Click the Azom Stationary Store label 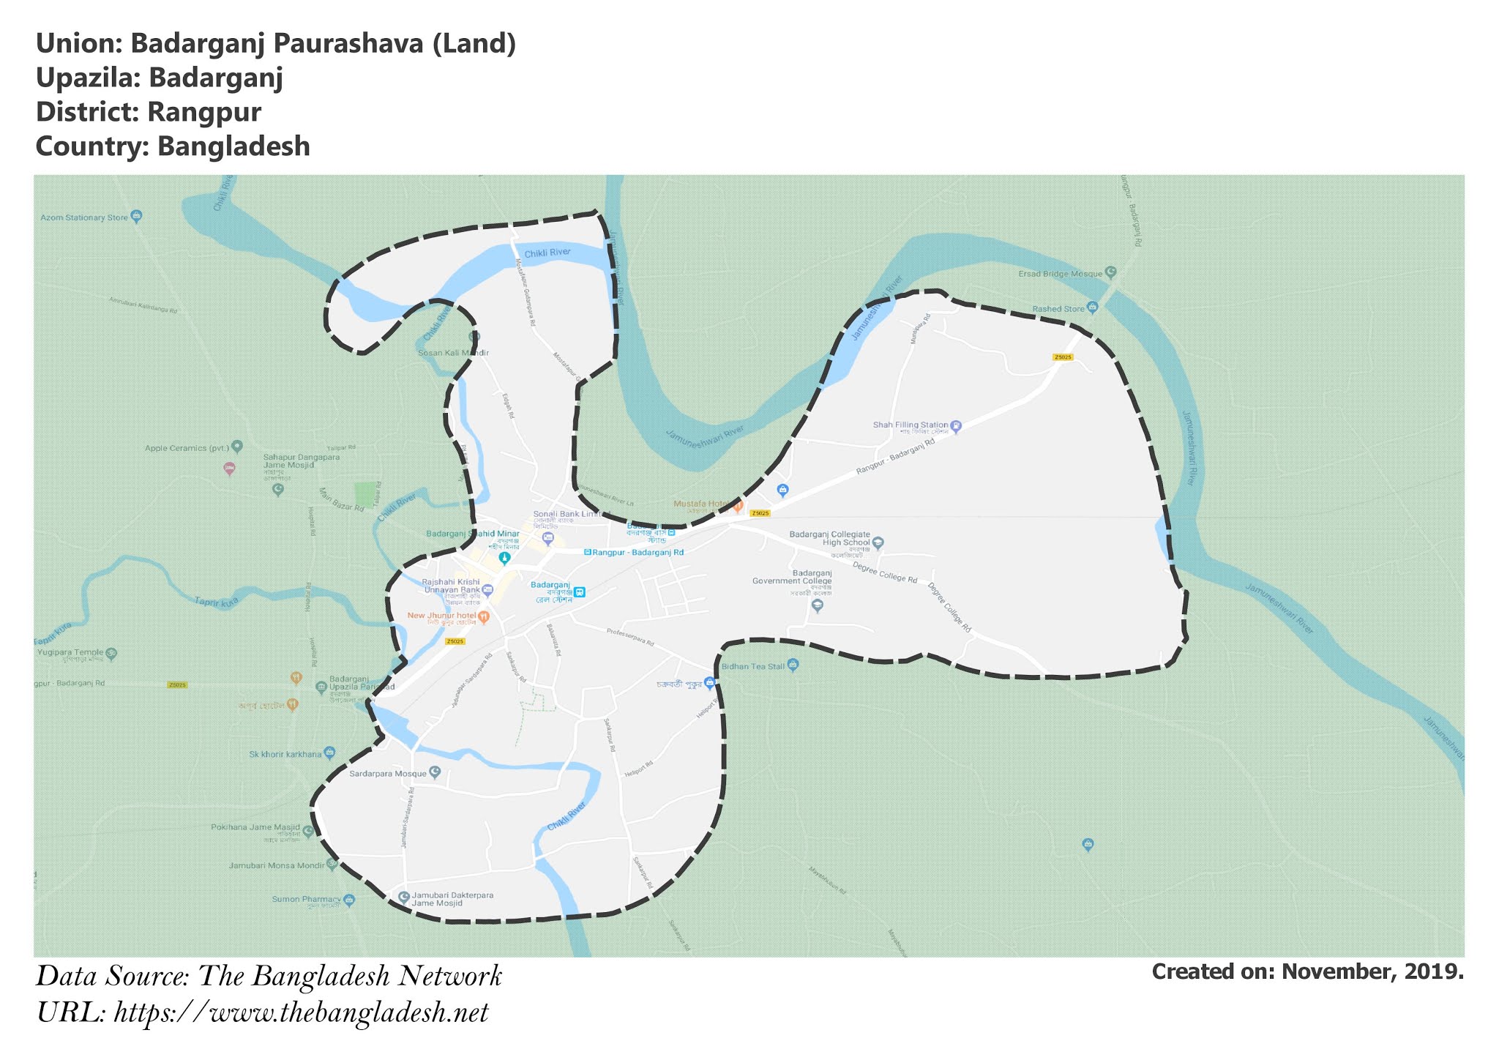(x=83, y=217)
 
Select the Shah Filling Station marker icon (x=956, y=425)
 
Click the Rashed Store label (x=1058, y=309)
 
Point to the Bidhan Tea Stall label (x=752, y=667)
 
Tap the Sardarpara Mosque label (x=387, y=773)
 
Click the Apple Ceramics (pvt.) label (x=187, y=448)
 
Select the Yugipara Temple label (x=70, y=652)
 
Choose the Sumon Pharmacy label (x=306, y=899)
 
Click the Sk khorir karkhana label (x=285, y=754)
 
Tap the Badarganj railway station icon (x=580, y=591)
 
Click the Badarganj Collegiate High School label (x=829, y=538)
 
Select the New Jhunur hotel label (x=441, y=615)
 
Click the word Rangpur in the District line (x=204, y=112)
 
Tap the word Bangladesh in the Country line (x=233, y=146)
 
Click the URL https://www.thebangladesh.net (x=301, y=1013)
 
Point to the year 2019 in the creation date (x=1435, y=971)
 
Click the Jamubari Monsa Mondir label (x=275, y=865)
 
